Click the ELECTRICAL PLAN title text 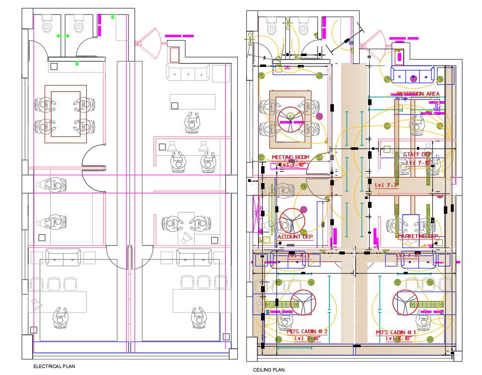click(x=54, y=366)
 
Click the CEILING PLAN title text click(x=268, y=370)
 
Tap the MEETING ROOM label click(x=290, y=158)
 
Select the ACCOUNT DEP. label click(x=295, y=237)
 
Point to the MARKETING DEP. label click(x=418, y=236)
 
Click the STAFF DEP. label click(x=417, y=154)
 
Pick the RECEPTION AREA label click(x=418, y=94)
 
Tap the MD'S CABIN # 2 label click(x=307, y=331)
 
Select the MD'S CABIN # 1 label click(x=396, y=332)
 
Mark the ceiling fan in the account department click(x=292, y=221)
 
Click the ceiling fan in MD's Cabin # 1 click(x=405, y=302)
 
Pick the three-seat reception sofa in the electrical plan click(x=188, y=73)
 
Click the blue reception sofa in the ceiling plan click(x=413, y=75)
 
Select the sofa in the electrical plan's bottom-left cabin click(x=63, y=257)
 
